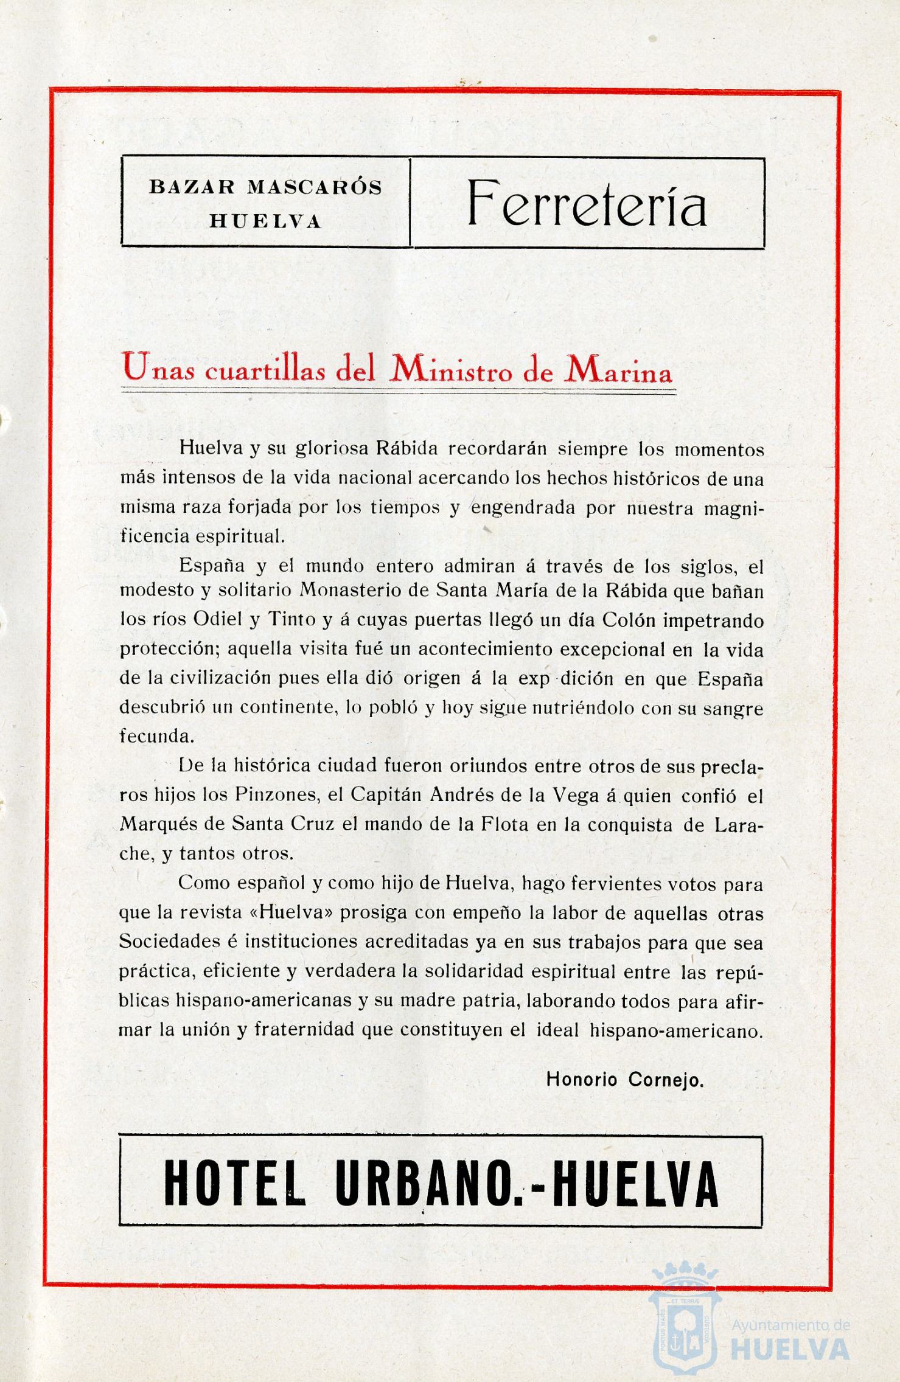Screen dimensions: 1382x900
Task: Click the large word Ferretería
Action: (586, 204)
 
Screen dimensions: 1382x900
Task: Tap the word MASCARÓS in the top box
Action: (315, 187)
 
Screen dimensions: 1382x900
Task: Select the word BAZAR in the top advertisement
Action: (192, 187)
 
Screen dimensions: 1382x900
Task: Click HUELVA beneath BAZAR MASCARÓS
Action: (265, 221)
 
